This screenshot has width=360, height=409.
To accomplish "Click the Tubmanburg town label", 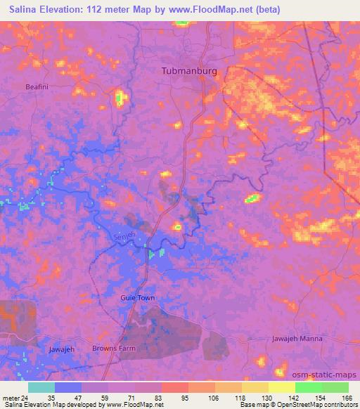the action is point(189,72).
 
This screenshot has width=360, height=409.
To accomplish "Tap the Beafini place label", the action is point(37,86).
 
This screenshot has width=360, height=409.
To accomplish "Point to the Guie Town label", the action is point(137,298).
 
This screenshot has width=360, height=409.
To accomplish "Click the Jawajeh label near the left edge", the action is point(62,349).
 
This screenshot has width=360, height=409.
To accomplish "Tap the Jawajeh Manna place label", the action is point(297,339).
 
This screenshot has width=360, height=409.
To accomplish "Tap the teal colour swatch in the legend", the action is point(41,387).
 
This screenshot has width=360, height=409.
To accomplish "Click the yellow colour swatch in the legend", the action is point(282,387).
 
